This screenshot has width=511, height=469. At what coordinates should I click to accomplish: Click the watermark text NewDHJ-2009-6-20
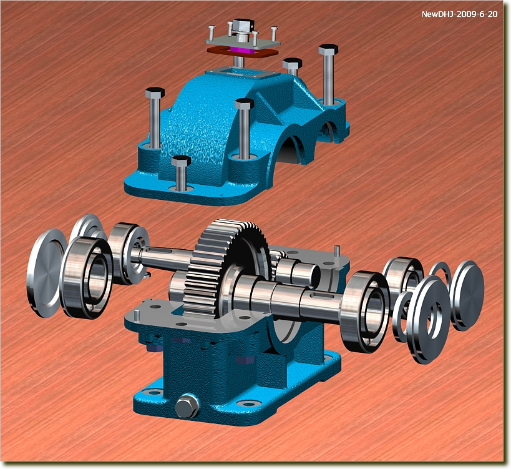[459, 14]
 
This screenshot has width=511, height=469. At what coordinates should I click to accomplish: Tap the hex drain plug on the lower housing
[187, 406]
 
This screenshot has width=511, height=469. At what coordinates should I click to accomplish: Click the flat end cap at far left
[45, 273]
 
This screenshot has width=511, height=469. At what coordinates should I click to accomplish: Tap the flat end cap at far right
[468, 295]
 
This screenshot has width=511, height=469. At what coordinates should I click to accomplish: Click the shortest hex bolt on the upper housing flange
[181, 173]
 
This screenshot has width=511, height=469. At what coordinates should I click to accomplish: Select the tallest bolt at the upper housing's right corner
[328, 74]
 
